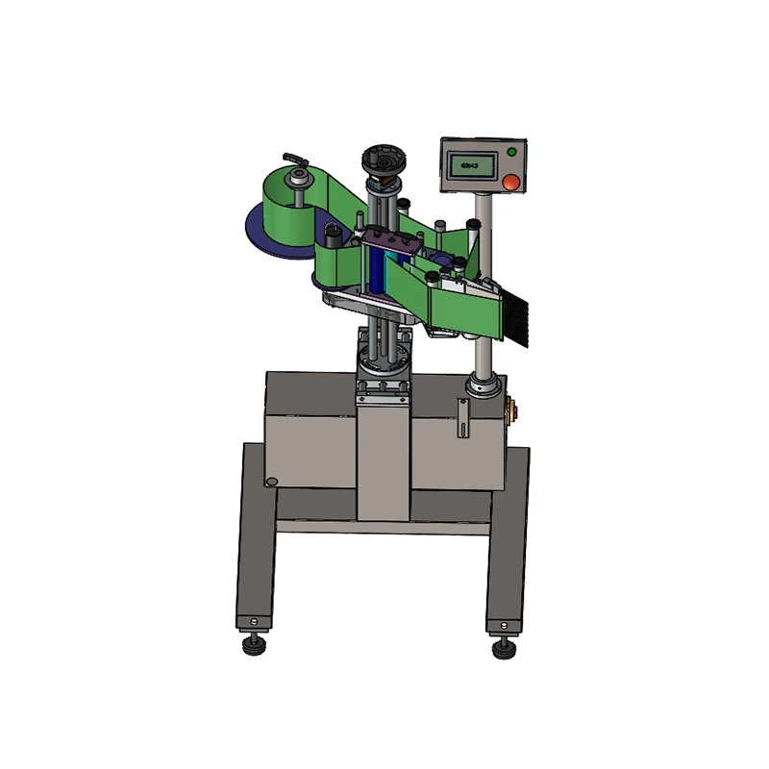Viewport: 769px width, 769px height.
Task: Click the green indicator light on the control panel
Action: tap(511, 152)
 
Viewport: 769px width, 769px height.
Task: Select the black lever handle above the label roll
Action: tap(291, 159)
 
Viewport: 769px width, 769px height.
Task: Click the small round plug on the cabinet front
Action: tap(272, 480)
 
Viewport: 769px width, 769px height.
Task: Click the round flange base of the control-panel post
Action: tap(482, 389)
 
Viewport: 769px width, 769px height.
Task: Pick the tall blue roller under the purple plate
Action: tap(379, 274)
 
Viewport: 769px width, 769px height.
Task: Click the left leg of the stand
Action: tap(252, 538)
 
